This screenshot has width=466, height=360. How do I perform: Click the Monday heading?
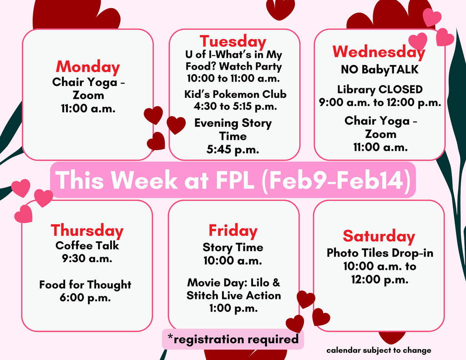point(88,67)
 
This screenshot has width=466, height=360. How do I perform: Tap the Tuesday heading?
point(233,41)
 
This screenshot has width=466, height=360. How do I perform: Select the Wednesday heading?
point(379,52)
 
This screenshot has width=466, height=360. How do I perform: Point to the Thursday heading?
point(87,231)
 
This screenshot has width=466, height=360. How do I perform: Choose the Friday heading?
point(233,231)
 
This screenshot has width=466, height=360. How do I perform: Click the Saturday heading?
point(379,236)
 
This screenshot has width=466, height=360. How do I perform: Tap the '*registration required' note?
point(233,339)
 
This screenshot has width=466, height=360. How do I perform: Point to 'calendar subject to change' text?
point(379,350)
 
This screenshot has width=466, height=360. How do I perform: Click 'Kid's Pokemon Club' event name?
point(235,95)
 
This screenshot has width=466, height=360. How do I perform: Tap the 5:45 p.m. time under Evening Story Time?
point(233,149)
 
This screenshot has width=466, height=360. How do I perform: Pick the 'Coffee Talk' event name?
point(87,246)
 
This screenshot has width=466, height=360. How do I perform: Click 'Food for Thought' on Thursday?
point(85,285)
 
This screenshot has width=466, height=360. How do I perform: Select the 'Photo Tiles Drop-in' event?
point(380,253)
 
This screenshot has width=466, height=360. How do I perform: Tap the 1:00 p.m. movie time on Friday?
point(233,309)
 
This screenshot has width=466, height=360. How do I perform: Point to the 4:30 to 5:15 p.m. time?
point(235,107)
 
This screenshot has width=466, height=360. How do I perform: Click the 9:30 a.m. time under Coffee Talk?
point(87,259)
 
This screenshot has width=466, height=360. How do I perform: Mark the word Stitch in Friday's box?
point(203,296)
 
